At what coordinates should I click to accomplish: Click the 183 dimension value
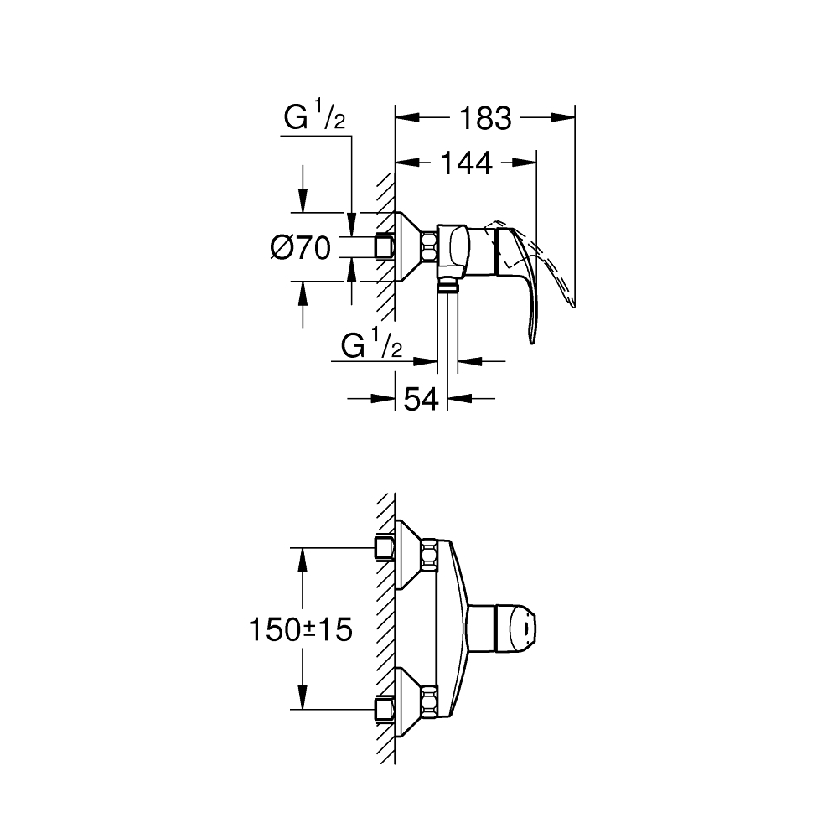click(x=485, y=119)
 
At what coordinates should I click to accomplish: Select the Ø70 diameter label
click(x=300, y=247)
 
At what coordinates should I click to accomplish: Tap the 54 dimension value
click(x=422, y=400)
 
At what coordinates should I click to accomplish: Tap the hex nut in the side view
click(x=430, y=247)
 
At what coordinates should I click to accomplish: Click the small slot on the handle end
click(x=525, y=626)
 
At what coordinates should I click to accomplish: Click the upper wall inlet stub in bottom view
click(x=385, y=549)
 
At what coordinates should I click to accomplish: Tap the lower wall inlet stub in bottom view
click(x=385, y=708)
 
